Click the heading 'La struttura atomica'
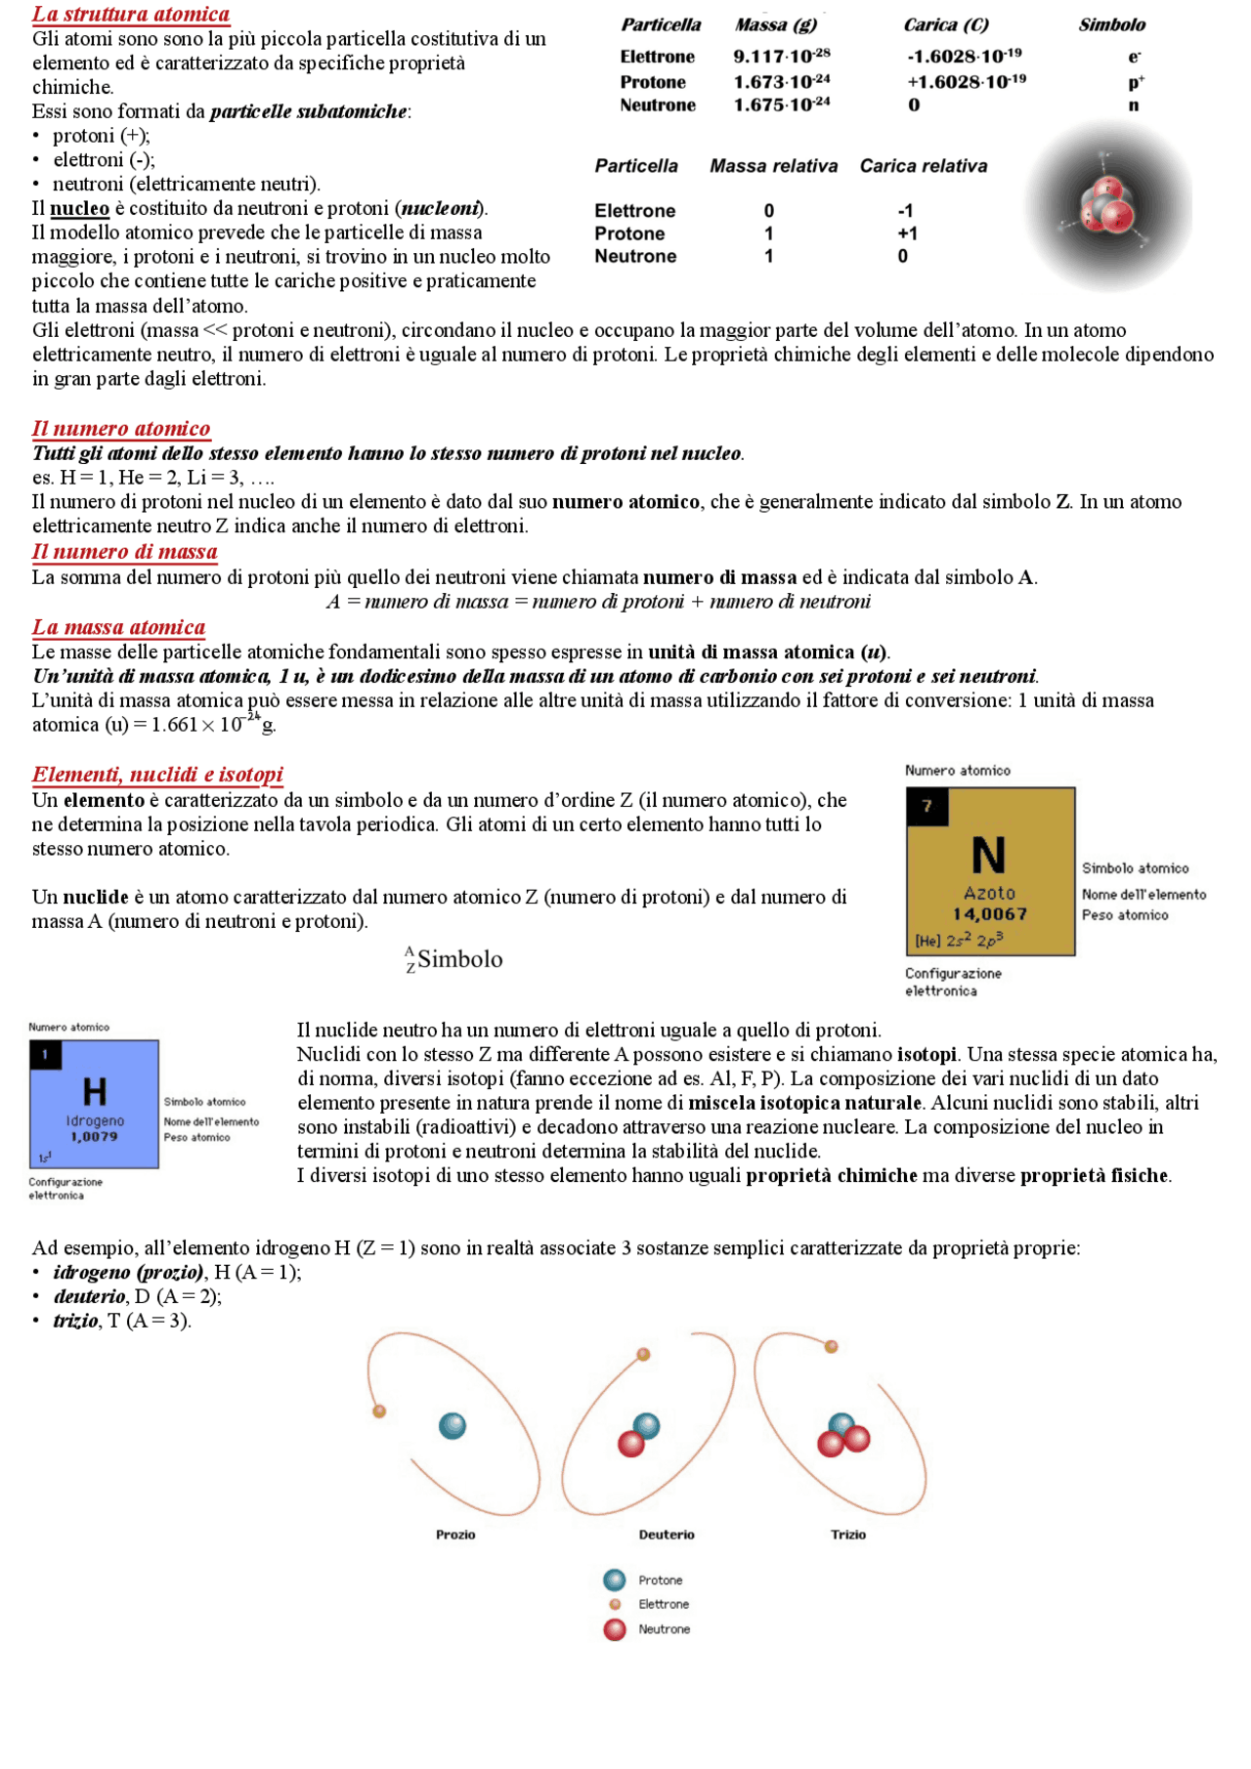pyautogui.click(x=131, y=14)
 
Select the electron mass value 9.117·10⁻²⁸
pyautogui.click(x=781, y=57)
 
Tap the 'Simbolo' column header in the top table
pyautogui.click(x=1111, y=25)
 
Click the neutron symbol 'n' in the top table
pyautogui.click(x=1133, y=105)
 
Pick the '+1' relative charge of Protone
pyautogui.click(x=907, y=233)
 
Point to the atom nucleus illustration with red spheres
pyautogui.click(x=1108, y=206)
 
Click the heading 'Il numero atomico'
pyautogui.click(x=121, y=428)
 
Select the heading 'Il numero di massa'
pyautogui.click(x=124, y=551)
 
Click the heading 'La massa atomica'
pyautogui.click(x=118, y=627)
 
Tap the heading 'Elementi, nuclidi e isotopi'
pyautogui.click(x=157, y=775)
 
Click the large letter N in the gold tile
pyautogui.click(x=988, y=856)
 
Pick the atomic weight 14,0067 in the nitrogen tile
pyautogui.click(x=990, y=914)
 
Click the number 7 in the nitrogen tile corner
pyautogui.click(x=927, y=806)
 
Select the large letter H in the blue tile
pyautogui.click(x=94, y=1091)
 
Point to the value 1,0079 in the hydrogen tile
pyautogui.click(x=94, y=1137)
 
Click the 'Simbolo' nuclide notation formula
pyautogui.click(x=454, y=959)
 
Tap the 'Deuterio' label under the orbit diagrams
pyautogui.click(x=667, y=1535)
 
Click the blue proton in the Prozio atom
pyautogui.click(x=452, y=1426)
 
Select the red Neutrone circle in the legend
pyautogui.click(x=615, y=1629)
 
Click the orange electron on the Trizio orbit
pyautogui.click(x=832, y=1347)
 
